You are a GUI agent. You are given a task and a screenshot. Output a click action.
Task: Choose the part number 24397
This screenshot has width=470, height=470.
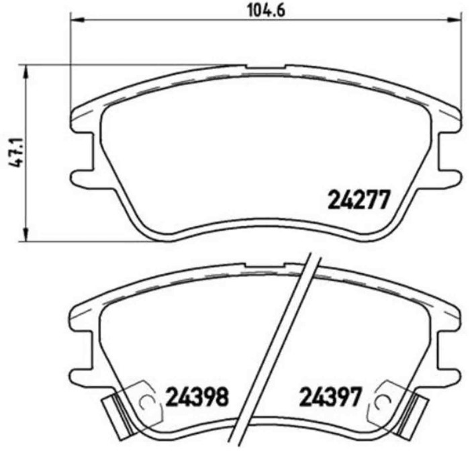click(x=331, y=397)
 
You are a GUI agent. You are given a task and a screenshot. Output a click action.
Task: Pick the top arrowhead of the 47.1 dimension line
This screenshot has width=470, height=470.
click(x=26, y=70)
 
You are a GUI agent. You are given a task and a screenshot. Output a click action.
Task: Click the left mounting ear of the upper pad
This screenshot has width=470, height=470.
click(x=81, y=177)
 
